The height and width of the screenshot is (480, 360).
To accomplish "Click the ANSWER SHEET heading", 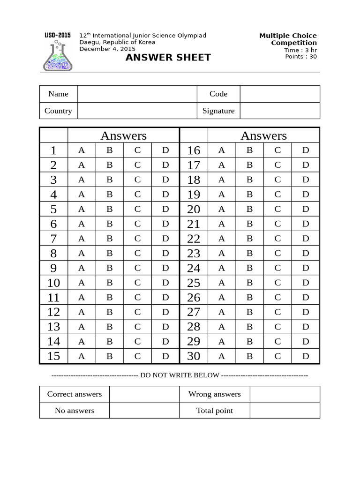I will pos(168,58).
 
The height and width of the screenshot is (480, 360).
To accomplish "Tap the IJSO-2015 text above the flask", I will pos(58,35).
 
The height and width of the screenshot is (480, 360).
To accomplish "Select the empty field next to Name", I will pos(137,94).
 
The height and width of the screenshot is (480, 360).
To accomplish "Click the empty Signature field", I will pos(280,111).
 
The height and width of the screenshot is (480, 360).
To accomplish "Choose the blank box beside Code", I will pos(280,94).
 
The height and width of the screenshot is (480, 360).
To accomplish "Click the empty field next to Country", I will pos(137,111).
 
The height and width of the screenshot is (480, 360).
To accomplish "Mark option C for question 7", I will pos(137,239).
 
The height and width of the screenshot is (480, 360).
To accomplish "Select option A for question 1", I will pos(82,150).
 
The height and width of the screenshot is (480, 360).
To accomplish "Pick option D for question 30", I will pos(306,356).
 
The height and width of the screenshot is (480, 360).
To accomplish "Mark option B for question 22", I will pos(249,239).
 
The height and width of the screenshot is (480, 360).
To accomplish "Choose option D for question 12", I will pos(165,312).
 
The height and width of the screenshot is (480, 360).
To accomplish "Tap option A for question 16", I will pos(222,150).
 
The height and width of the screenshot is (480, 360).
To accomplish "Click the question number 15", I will pos(53,356).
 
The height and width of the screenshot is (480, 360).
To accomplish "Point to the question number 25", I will pos(194,283).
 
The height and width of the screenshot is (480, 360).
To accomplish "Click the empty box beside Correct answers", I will pos(144,394).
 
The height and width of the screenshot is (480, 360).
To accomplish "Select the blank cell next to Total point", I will pos(285,410).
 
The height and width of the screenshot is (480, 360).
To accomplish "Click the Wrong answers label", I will pos(214,394).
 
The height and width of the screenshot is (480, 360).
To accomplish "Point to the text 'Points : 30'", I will pos(301,57).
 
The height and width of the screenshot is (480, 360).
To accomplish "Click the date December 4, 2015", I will pos(107,49).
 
